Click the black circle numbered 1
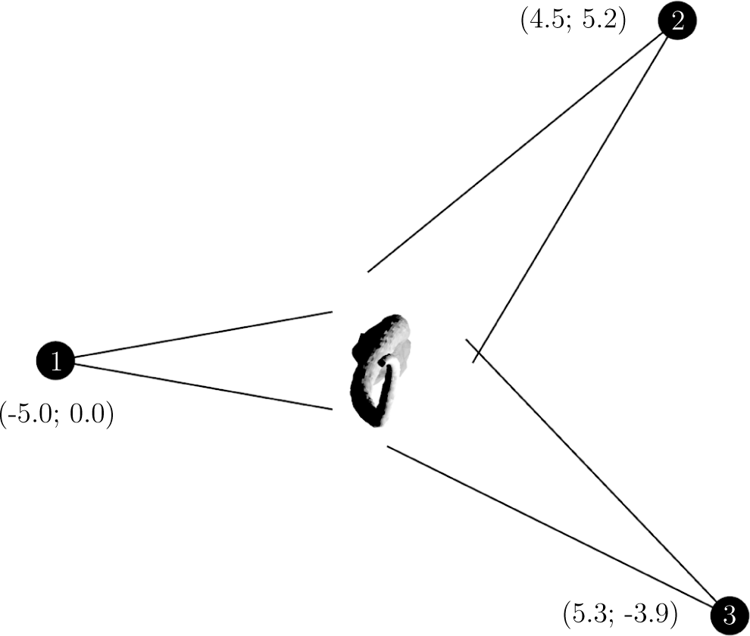pyautogui.click(x=55, y=361)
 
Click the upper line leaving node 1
pyautogui.click(x=197, y=335)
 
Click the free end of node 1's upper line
pyautogui.click(x=333, y=311)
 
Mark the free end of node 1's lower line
pyautogui.click(x=333, y=410)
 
